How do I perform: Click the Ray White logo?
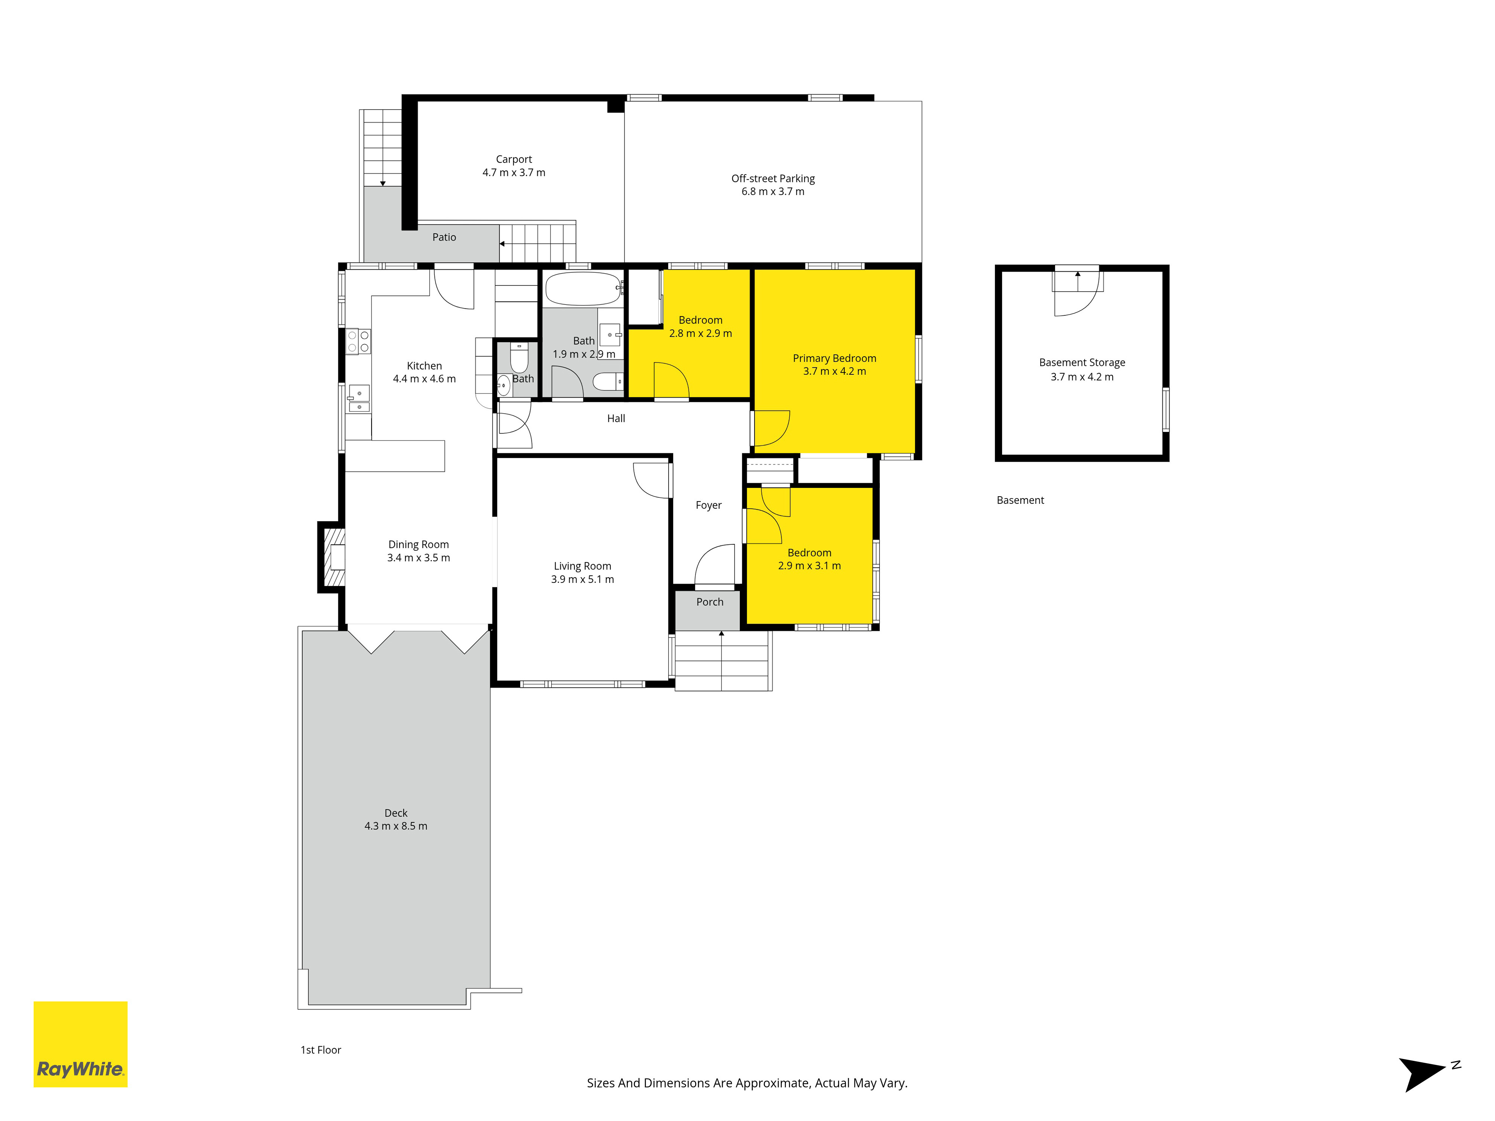(80, 1044)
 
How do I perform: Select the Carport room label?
(514, 160)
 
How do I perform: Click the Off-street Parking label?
(773, 178)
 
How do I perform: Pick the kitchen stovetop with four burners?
(358, 341)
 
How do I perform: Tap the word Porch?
(710, 602)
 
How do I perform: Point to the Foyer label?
(708, 506)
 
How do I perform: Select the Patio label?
(444, 237)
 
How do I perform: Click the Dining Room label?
(418, 545)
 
